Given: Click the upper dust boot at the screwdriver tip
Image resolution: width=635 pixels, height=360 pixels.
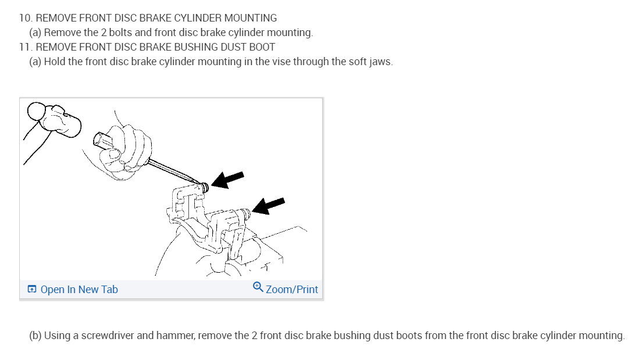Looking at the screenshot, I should pos(205,187).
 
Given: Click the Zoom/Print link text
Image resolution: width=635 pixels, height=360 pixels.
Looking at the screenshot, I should pos(292,290).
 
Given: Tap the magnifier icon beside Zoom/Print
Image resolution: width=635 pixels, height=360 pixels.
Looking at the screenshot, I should pos(258,287).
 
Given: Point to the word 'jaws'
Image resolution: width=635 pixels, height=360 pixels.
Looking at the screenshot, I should pos(380,62).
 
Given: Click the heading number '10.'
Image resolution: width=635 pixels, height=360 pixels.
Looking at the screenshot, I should pos(26,18).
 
